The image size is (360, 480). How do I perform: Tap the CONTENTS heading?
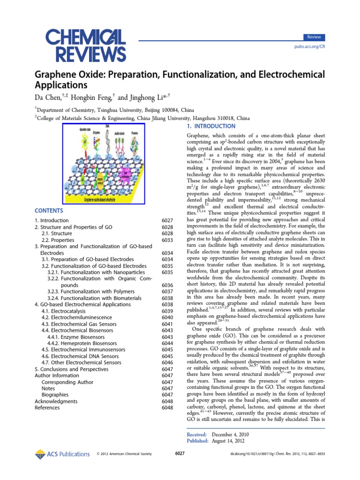click(x=49, y=211)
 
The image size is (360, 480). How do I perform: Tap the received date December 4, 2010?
click(x=230, y=435)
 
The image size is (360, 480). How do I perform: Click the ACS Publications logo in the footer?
click(x=62, y=454)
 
